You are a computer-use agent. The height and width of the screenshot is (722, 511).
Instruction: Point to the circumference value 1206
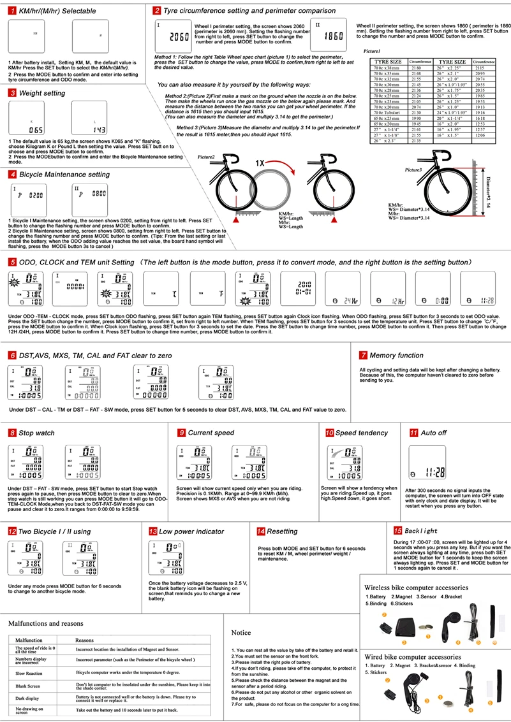tap(480, 136)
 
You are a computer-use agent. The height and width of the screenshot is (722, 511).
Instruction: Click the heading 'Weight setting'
tap(42, 93)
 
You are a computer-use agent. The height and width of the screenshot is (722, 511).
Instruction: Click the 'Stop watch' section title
tap(36, 433)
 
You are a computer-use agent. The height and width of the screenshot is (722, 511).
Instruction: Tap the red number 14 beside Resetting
tap(260, 531)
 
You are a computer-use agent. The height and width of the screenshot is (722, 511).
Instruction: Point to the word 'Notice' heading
tap(241, 632)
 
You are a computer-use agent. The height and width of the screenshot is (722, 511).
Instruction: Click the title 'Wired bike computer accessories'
tap(416, 656)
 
